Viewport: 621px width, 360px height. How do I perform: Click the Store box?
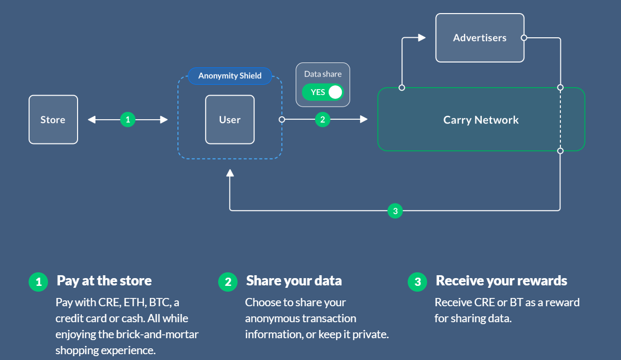click(x=53, y=120)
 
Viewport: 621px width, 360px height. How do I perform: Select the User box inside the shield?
click(x=230, y=120)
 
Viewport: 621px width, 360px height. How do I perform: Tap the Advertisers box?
click(x=479, y=38)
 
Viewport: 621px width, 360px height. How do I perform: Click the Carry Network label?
click(x=481, y=120)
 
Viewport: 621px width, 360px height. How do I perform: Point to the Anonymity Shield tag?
click(x=230, y=76)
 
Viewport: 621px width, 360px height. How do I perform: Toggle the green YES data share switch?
click(x=322, y=92)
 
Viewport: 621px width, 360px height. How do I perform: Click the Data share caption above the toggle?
click(x=323, y=74)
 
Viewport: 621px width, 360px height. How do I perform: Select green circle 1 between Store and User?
click(x=127, y=119)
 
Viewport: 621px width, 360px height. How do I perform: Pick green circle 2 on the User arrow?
click(x=322, y=119)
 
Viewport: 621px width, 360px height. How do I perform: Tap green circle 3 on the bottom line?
click(x=395, y=211)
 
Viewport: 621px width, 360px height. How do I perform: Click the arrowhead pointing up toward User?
click(x=230, y=173)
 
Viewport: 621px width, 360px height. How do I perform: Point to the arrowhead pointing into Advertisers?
click(x=422, y=37)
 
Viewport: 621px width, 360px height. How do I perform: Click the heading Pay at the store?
click(x=104, y=281)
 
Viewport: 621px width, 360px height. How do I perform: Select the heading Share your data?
click(x=294, y=281)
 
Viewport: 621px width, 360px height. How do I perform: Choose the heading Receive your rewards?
click(x=501, y=281)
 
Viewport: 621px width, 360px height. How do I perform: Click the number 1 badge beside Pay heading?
click(x=38, y=282)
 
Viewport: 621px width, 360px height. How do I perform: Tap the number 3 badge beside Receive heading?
click(x=417, y=282)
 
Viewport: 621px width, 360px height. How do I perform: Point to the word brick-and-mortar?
click(x=157, y=335)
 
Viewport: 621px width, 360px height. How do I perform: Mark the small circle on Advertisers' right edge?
click(x=524, y=37)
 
